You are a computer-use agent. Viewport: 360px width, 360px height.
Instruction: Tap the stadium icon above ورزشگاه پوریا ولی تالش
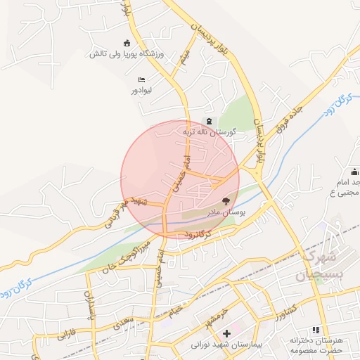126,42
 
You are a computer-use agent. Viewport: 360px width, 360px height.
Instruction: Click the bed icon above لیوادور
141,79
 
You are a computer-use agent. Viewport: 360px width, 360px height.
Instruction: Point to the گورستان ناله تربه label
209,131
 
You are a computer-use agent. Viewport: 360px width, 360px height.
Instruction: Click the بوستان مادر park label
226,211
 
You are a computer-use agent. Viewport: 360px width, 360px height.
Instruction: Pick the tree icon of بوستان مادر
226,200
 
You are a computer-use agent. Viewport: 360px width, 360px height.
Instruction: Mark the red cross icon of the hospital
226,333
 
